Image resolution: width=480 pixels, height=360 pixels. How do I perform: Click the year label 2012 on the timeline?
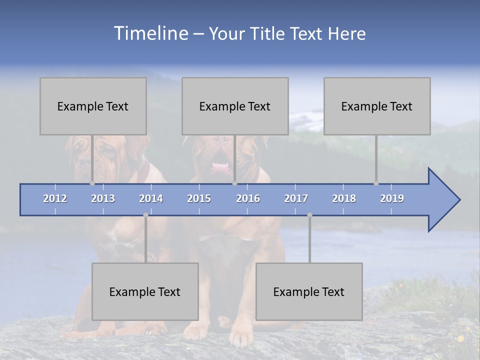pyautogui.click(x=55, y=198)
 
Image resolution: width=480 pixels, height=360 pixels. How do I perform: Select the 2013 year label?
pyautogui.click(x=103, y=198)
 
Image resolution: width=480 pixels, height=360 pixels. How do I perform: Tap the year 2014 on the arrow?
pyautogui.click(x=151, y=198)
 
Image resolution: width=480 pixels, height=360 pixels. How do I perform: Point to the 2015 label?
pyautogui.click(x=199, y=198)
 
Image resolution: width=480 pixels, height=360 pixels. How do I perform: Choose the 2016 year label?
pyautogui.click(x=248, y=198)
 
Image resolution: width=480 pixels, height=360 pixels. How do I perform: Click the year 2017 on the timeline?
pyautogui.click(x=296, y=198)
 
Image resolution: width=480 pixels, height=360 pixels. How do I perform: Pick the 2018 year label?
pyautogui.click(x=344, y=198)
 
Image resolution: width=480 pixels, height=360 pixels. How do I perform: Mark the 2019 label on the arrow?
pyautogui.click(x=392, y=198)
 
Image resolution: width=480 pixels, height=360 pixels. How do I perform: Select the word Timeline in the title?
pyautogui.click(x=150, y=33)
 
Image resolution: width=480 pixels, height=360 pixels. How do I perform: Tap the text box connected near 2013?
pyautogui.click(x=93, y=106)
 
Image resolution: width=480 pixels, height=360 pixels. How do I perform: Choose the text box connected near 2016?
pyautogui.click(x=235, y=106)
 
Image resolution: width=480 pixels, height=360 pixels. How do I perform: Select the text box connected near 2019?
pyautogui.click(x=377, y=106)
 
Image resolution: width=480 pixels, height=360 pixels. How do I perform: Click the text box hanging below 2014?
pyautogui.click(x=145, y=291)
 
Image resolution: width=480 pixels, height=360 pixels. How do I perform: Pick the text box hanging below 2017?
pyautogui.click(x=309, y=291)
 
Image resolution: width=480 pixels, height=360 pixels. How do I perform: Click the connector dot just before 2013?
pyautogui.click(x=92, y=183)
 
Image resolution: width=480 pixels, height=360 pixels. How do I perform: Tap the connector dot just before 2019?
pyautogui.click(x=376, y=183)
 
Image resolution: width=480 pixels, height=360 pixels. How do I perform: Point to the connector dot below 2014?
pyautogui.click(x=145, y=215)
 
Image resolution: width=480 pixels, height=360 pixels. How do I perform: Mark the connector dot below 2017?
pyautogui.click(x=309, y=215)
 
